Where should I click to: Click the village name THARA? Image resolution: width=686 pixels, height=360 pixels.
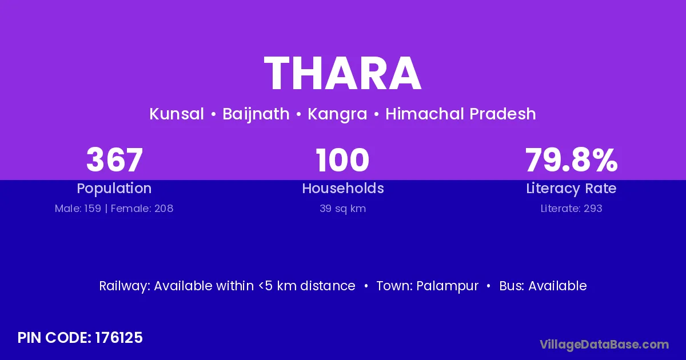342,73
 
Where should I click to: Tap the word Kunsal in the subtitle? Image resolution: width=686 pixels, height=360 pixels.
177,114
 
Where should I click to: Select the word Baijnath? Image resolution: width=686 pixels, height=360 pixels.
256,114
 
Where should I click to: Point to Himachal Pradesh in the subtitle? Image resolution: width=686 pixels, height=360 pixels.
461,114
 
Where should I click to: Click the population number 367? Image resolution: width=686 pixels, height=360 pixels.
114,160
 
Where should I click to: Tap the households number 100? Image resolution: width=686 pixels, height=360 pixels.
342,160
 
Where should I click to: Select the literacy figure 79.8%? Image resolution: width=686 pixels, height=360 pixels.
571,160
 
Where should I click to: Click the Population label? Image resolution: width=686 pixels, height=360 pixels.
114,189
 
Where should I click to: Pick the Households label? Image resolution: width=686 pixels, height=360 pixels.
343,188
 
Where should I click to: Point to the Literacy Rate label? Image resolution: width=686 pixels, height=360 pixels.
571,189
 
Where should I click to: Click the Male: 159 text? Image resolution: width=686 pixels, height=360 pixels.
78,209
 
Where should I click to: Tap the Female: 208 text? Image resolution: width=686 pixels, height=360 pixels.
142,209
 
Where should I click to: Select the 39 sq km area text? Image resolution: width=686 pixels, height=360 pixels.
342,209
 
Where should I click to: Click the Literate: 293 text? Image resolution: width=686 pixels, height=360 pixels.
571,209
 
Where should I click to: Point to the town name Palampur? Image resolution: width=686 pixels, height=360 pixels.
447,286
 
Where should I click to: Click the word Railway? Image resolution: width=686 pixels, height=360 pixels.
123,286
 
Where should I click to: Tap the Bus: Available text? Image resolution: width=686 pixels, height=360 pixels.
543,286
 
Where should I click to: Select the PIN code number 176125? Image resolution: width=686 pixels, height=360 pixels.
119,338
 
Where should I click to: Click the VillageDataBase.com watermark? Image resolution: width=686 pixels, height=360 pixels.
604,345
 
